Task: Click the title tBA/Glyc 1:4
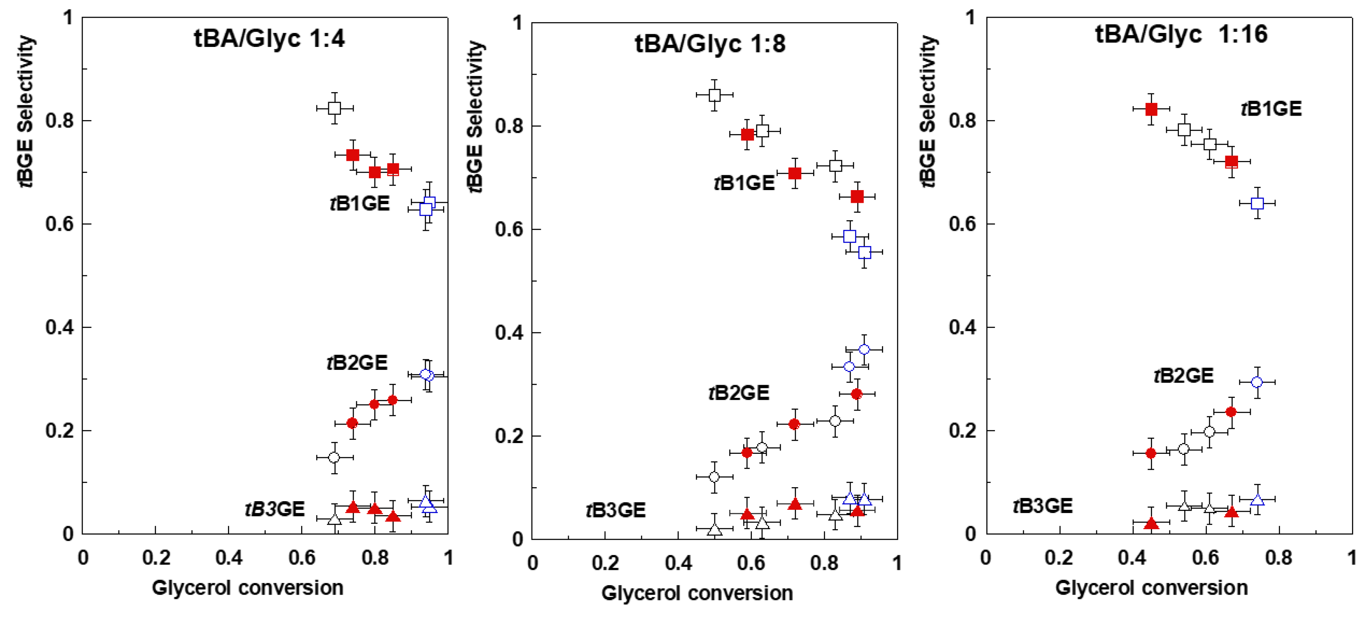[269, 38]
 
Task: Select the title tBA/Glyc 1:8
[710, 44]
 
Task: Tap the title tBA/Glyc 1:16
[1181, 35]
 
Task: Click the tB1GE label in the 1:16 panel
[1271, 109]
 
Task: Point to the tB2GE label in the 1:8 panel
[739, 393]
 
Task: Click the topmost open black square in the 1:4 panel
[334, 108]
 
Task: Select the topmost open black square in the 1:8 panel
[714, 95]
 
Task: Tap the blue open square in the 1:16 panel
[1257, 203]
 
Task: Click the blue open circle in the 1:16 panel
[1256, 382]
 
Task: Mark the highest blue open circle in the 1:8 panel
[864, 349]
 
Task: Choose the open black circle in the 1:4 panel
[334, 457]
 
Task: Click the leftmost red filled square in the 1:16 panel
[1151, 109]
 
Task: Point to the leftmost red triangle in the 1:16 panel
[1151, 523]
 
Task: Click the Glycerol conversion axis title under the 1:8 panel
[697, 593]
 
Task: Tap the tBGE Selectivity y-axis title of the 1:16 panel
[928, 112]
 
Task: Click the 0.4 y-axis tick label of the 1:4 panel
[59, 327]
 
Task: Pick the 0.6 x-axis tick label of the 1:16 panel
[1205, 558]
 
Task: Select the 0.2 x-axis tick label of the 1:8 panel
[605, 563]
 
